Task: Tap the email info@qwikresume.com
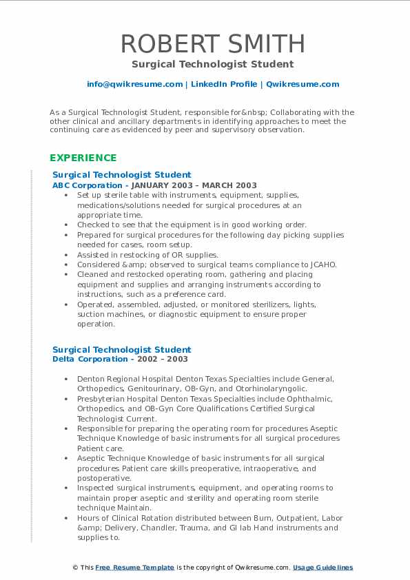pos(135,84)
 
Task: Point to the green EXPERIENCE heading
pos(83,158)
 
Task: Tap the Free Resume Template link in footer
pos(134,568)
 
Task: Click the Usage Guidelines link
pos(322,568)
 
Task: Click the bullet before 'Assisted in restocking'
pos(65,255)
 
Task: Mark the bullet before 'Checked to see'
pos(65,225)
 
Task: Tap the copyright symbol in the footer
pos(75,568)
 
